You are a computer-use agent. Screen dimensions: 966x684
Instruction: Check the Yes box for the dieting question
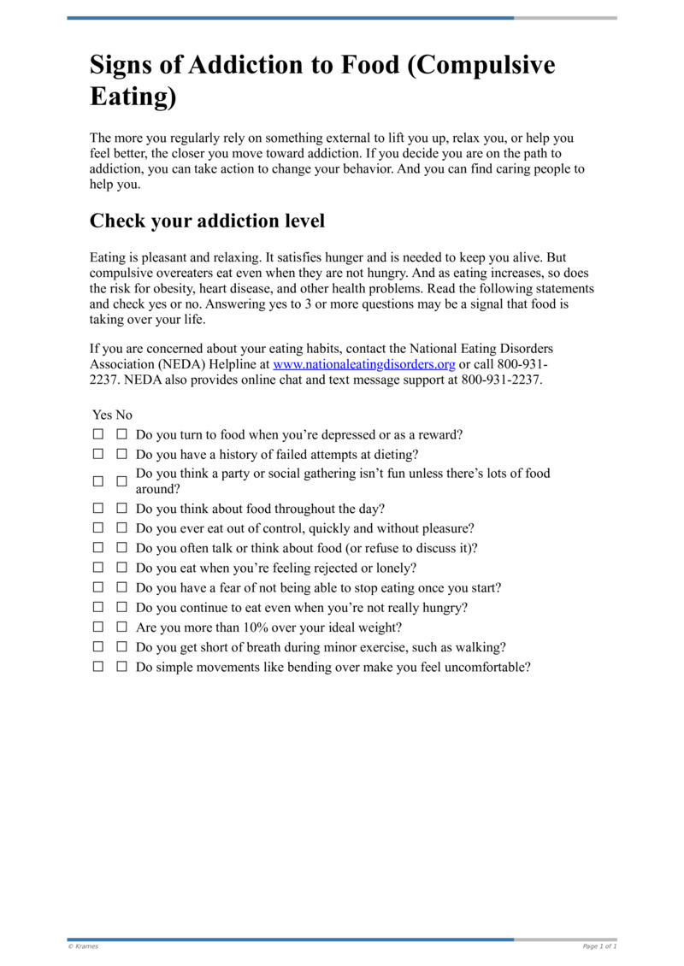tap(98, 455)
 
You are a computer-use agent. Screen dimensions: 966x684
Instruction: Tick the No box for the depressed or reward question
tap(121, 435)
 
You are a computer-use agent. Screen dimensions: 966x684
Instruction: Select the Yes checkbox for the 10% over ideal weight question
tap(98, 628)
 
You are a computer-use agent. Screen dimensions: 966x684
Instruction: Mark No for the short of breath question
tap(121, 648)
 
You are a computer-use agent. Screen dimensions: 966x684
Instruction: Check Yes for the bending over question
tap(98, 668)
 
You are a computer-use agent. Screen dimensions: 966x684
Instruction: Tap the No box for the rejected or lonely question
tap(121, 568)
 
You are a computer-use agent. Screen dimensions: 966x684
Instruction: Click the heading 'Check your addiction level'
tap(207, 221)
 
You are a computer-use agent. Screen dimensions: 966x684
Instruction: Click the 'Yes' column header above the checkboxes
tap(102, 415)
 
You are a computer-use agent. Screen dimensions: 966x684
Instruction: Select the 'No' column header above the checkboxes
tap(124, 415)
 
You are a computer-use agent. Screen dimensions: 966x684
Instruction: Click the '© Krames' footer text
tap(83, 946)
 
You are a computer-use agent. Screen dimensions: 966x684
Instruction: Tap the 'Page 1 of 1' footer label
tap(599, 946)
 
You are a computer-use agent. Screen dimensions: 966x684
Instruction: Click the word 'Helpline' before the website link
tap(231, 364)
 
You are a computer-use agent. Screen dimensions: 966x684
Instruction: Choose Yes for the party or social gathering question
tap(98, 481)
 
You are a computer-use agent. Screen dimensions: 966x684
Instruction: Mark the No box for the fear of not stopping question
tap(121, 588)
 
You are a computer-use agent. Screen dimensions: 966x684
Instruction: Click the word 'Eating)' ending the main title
tap(133, 96)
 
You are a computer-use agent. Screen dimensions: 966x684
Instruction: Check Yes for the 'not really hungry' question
tap(98, 609)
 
